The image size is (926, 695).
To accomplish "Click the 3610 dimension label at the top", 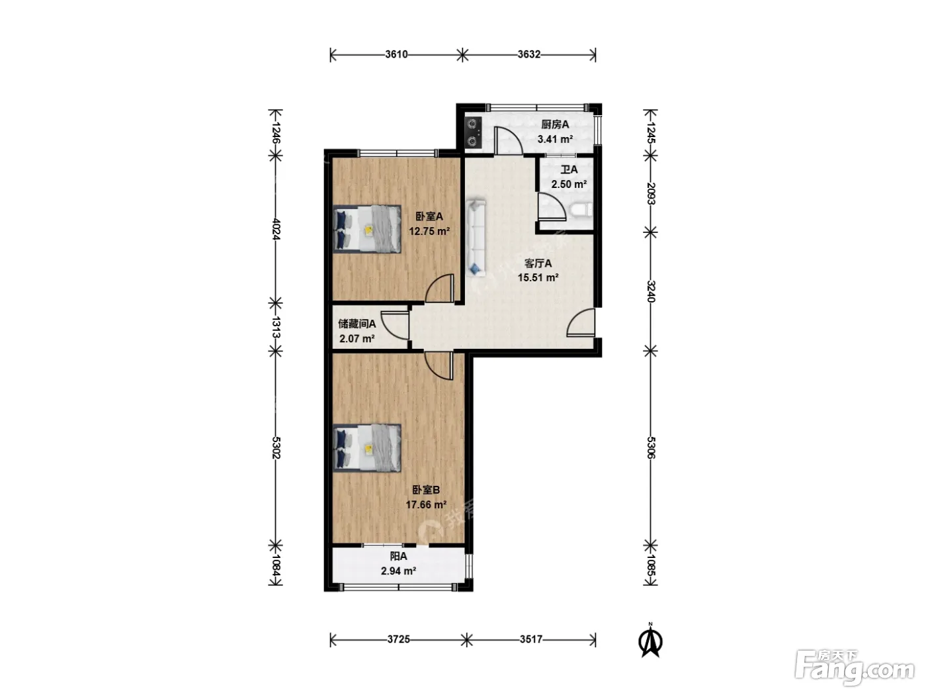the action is point(396,54).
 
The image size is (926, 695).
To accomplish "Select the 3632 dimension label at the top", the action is point(529,54).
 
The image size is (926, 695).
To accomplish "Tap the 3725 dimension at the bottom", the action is point(398,639).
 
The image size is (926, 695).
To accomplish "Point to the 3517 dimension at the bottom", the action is point(530,639).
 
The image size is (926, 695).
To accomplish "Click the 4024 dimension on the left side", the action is point(276,229).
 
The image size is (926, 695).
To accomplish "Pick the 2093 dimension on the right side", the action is point(651,193).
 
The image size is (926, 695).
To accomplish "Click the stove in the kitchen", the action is point(473,132).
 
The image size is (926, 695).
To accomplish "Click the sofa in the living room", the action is point(476,238).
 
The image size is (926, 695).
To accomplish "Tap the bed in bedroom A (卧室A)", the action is point(366,229).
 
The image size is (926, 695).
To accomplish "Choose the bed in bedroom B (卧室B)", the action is point(366,447).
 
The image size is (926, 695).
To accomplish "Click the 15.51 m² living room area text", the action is point(538,277).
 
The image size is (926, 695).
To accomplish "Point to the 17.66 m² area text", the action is point(426,504).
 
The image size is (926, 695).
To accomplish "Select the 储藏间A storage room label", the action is point(357,324).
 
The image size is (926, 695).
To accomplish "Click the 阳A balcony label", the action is point(399,557).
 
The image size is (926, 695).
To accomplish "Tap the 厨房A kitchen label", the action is point(555,124).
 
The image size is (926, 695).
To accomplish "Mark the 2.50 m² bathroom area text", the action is point(569,185).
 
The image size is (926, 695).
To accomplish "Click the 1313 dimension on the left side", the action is point(276,326).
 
